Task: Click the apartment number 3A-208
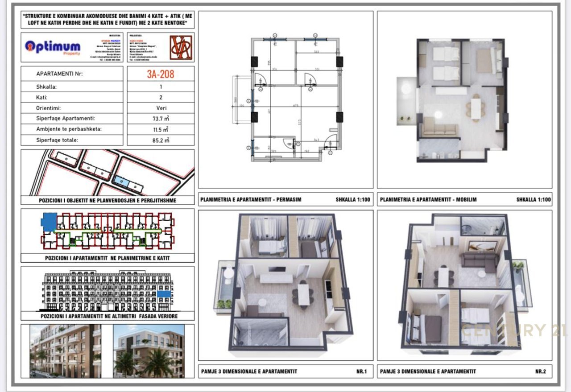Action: click(x=161, y=74)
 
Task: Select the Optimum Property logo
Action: click(x=53, y=47)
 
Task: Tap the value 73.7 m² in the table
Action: click(x=161, y=119)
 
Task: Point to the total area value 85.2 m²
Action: click(x=161, y=140)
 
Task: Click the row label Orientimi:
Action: click(x=49, y=108)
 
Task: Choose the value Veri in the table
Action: click(x=161, y=108)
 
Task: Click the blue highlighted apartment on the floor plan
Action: click(x=49, y=221)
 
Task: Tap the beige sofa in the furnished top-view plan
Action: click(x=440, y=128)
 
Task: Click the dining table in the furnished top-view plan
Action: click(x=476, y=107)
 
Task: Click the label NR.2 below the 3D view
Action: click(x=540, y=371)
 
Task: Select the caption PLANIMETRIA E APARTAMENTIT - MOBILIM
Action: click(x=428, y=199)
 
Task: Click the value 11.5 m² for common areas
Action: click(x=161, y=129)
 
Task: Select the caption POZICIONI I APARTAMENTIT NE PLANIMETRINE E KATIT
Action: click(x=107, y=258)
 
